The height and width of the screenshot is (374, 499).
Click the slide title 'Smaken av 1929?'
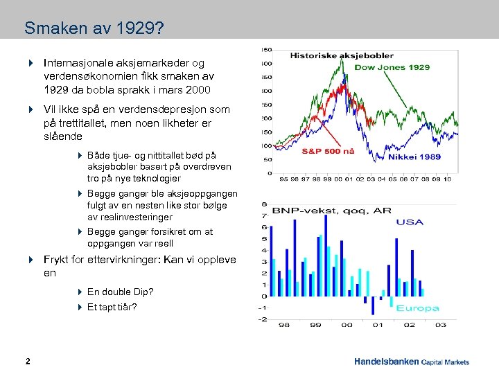pos(94,28)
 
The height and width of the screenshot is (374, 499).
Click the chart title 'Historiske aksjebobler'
pos(342,55)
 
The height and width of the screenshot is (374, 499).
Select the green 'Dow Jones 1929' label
pos(392,67)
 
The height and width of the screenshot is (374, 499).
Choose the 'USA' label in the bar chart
pos(410,222)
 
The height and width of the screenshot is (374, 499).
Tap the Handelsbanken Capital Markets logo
pos(411,362)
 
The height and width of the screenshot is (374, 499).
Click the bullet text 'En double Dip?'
pos(120,292)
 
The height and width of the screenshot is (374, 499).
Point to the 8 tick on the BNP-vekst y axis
pos(264,204)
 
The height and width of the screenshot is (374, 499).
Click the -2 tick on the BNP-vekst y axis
pos(263,319)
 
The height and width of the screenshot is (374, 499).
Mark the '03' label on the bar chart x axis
pos(441,325)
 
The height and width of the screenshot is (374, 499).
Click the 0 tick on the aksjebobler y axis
pos(268,173)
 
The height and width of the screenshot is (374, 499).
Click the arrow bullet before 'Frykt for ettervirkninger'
pos(31,260)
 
